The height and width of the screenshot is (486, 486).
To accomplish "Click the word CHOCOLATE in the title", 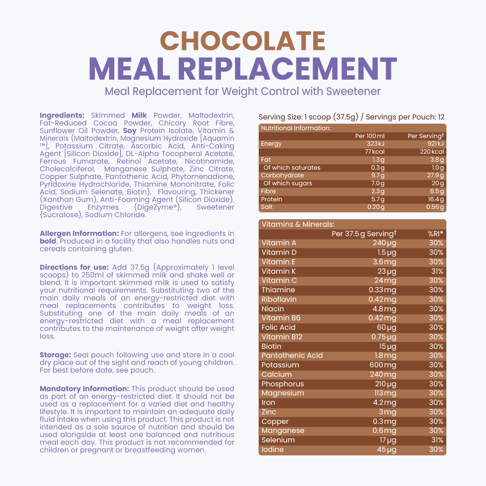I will (243, 41).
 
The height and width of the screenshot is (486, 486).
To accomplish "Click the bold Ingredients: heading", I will (62, 115).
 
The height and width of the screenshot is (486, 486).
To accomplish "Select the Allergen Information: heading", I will (79, 234).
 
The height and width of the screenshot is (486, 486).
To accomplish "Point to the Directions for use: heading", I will (74, 267).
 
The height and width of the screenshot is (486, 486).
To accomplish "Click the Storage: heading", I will (55, 355).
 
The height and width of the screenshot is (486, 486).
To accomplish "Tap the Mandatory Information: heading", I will (84, 389).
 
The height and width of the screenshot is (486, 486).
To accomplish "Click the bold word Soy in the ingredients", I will (130, 130).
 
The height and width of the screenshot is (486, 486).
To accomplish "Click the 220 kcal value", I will (432, 152).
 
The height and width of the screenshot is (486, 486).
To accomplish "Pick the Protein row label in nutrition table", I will (272, 199).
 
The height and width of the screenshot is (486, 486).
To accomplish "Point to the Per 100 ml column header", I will (370, 136).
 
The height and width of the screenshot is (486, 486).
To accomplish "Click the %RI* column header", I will (435, 234).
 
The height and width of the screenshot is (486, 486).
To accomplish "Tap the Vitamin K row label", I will (279, 271).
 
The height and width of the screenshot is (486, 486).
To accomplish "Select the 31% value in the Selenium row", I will (437, 440).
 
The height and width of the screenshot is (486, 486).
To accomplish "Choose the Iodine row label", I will (273, 450).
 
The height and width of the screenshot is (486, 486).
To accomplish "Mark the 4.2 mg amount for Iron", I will (384, 403).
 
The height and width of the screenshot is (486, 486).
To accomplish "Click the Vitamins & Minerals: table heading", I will (291, 224).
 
